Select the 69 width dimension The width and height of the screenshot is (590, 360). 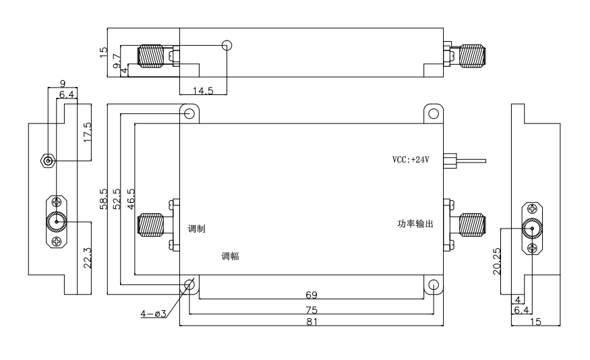[x=312, y=295]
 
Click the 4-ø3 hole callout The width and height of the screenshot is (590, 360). [x=154, y=313]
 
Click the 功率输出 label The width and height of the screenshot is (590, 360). [x=415, y=223]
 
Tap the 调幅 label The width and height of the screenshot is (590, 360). [x=231, y=256]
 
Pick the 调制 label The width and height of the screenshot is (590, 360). [x=197, y=229]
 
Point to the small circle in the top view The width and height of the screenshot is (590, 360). [x=227, y=45]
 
